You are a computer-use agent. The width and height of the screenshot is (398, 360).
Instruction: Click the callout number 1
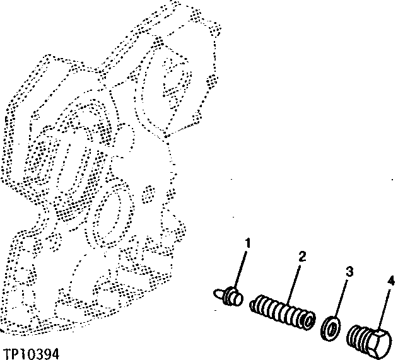[x=248, y=243]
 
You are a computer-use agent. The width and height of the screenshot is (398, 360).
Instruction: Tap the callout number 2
[x=302, y=257]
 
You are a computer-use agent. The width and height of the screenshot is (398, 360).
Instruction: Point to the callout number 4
[x=391, y=280]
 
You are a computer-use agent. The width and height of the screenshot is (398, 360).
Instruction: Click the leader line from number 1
[x=243, y=268]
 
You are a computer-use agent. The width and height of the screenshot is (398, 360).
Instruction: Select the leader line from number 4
[x=385, y=306]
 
